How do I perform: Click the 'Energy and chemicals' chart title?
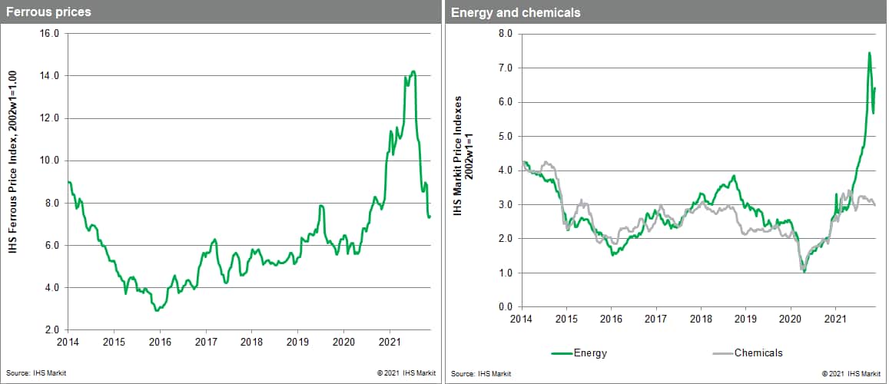505,12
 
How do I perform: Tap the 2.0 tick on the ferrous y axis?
51,330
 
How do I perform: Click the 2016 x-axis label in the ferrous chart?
159,341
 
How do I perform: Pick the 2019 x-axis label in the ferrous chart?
297,341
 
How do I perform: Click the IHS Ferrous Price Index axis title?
13,182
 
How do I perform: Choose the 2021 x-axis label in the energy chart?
835,318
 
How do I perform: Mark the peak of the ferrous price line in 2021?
413,71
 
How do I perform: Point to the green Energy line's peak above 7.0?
869,53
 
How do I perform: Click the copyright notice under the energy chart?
851,373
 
